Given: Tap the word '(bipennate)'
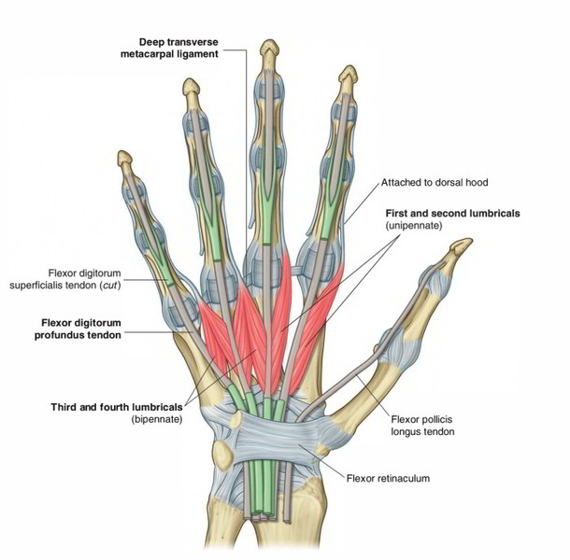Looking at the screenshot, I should click(x=158, y=420).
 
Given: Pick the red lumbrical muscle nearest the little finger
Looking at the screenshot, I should click(x=215, y=327).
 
